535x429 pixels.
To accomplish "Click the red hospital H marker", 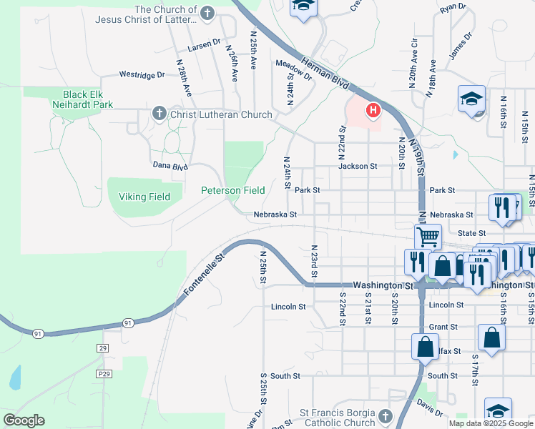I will coord(373,110).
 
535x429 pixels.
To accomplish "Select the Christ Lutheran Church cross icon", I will coord(159,114).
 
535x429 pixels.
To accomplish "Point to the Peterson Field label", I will coord(232,190).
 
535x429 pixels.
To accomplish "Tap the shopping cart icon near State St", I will coord(428,236).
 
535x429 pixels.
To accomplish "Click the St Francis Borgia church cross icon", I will coord(386,415).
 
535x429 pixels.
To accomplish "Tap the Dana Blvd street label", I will coord(170,166).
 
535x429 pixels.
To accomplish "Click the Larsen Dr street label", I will coord(205,45).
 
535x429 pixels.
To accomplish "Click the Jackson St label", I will coord(358,166).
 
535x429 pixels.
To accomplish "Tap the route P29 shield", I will coord(104,373).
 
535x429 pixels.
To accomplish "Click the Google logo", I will coord(24,420).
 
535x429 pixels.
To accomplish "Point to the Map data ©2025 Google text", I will coord(491,423).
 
